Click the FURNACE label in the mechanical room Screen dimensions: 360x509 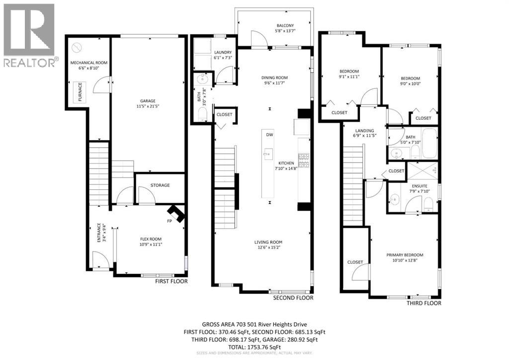80,92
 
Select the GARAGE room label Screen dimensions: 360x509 148,100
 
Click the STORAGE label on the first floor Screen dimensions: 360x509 160,185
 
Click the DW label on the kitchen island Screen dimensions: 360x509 269,135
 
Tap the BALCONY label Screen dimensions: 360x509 285,26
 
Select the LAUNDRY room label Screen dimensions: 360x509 223,52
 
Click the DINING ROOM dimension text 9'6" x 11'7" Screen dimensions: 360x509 275,84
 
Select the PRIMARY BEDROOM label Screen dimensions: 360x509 405,255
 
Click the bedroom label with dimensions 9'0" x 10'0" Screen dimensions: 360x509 410,79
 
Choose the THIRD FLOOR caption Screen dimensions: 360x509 424,303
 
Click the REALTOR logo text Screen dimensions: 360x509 30,62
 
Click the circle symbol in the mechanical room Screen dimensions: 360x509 76,47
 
